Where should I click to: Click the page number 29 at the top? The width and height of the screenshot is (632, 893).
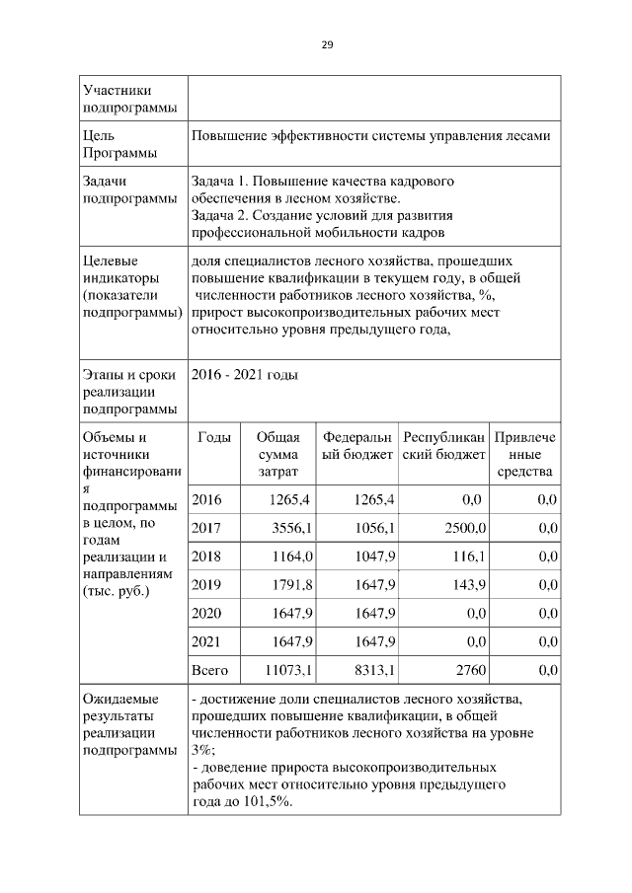coord(327,45)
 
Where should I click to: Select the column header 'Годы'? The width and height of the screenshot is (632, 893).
coord(214,437)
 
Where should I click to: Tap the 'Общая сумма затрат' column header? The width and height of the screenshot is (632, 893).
coord(277,455)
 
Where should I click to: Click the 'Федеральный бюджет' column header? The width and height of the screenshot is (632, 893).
coord(356,446)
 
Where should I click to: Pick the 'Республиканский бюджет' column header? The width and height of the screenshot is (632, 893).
coord(443,446)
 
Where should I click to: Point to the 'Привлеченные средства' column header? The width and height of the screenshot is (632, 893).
coord(525,455)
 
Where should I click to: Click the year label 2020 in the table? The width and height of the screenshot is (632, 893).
coord(206,614)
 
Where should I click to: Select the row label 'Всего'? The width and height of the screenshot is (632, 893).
coord(209,671)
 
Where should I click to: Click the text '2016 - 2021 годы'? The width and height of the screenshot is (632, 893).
coord(244,376)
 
